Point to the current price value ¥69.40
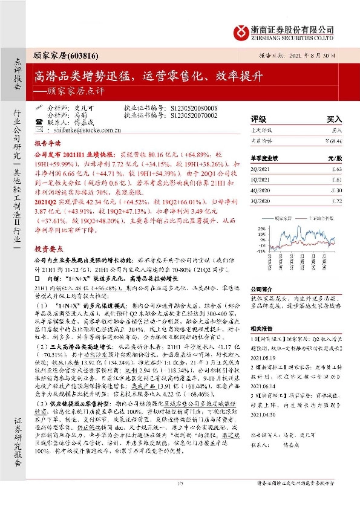coord(334,140)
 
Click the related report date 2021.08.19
coord(263,358)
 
